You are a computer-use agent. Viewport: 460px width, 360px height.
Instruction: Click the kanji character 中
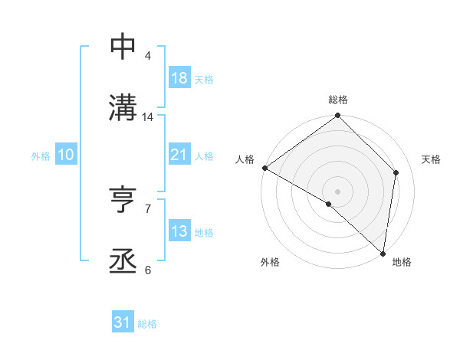click(x=123, y=47)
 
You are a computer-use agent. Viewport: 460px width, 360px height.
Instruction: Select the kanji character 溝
click(x=123, y=108)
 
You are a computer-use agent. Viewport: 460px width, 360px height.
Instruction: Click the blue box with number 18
click(x=179, y=78)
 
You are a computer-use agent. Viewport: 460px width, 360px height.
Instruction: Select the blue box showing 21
click(x=179, y=155)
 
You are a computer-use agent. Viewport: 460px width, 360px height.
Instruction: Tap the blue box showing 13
click(x=179, y=231)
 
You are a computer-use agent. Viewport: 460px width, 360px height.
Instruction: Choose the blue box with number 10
click(x=65, y=155)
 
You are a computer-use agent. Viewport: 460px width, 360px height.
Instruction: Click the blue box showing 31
click(x=122, y=322)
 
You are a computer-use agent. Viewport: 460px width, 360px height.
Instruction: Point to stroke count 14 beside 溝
click(x=148, y=117)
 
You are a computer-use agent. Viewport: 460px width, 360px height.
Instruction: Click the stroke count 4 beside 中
click(x=148, y=56)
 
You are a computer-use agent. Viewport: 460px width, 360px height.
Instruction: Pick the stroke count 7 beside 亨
click(x=148, y=208)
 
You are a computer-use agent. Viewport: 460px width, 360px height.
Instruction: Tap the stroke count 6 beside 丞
click(x=148, y=270)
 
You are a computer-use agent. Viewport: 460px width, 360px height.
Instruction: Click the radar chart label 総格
click(x=338, y=100)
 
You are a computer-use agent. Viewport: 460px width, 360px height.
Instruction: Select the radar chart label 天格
click(x=432, y=159)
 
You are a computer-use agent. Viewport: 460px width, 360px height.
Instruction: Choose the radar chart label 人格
click(x=245, y=159)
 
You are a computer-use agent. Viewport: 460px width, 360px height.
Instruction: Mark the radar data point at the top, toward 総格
click(x=338, y=116)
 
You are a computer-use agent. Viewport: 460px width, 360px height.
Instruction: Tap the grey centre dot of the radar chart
click(x=338, y=191)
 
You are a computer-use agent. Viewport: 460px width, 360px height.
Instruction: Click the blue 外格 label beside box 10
click(x=41, y=155)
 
